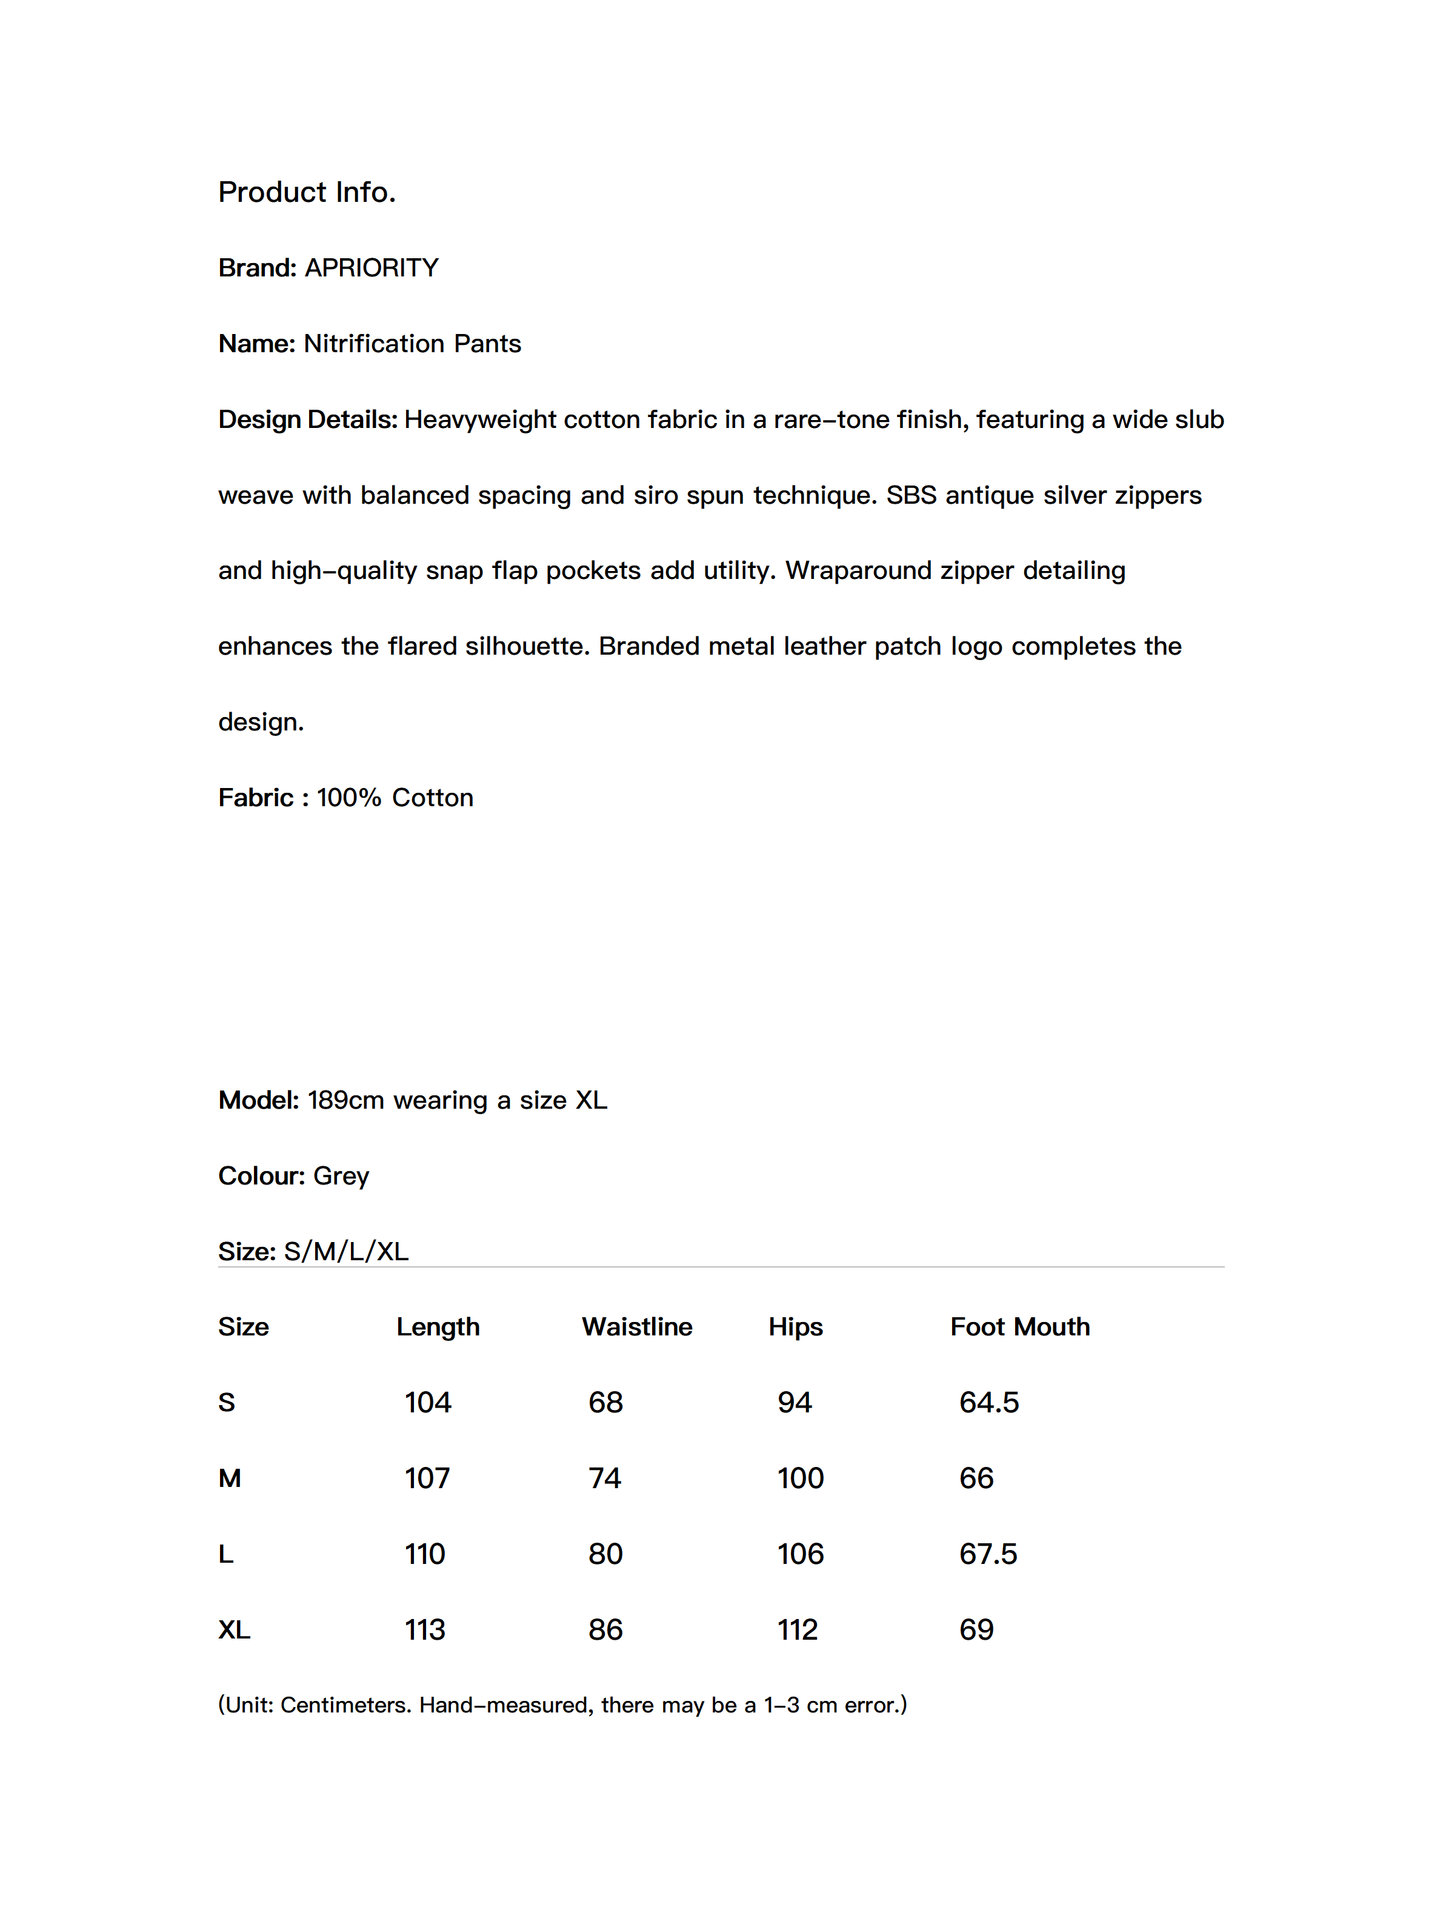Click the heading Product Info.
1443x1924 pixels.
click(306, 192)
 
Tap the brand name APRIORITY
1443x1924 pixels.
click(372, 268)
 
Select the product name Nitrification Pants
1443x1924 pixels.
click(412, 344)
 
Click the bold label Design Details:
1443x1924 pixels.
click(307, 419)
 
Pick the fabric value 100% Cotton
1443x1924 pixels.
click(395, 798)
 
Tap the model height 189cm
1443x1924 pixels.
click(345, 1100)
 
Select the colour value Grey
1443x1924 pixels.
click(341, 1176)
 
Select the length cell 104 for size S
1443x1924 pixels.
click(428, 1403)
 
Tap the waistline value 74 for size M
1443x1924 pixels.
click(604, 1478)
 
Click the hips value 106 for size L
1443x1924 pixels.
click(800, 1554)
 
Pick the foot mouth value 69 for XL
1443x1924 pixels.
click(976, 1630)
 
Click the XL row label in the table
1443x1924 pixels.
click(234, 1630)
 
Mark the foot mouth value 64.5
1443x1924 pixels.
click(989, 1403)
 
